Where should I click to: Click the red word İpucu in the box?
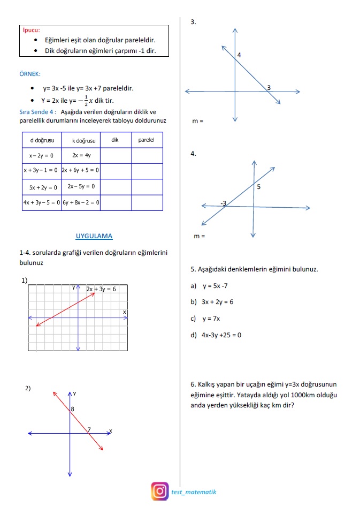point(31,31)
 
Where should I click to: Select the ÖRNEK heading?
point(29,74)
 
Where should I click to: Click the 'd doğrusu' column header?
point(42,140)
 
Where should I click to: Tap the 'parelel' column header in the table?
point(146,140)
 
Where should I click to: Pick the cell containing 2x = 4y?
point(81,155)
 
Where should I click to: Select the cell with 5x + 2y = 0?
point(42,187)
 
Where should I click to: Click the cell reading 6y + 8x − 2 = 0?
point(81,203)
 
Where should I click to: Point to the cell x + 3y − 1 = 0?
point(42,171)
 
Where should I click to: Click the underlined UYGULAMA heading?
point(94,236)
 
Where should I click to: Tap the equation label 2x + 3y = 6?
point(102,289)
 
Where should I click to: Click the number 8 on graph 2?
point(72,410)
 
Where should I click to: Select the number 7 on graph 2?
point(89,429)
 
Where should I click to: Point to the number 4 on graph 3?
point(239,55)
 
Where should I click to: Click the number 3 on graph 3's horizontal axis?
point(269,87)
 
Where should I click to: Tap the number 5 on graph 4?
point(259,187)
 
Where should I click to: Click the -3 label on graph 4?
point(224,203)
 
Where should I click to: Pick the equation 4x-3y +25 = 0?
point(221,335)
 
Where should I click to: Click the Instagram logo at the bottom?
point(159,491)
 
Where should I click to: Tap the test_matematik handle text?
point(194,491)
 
